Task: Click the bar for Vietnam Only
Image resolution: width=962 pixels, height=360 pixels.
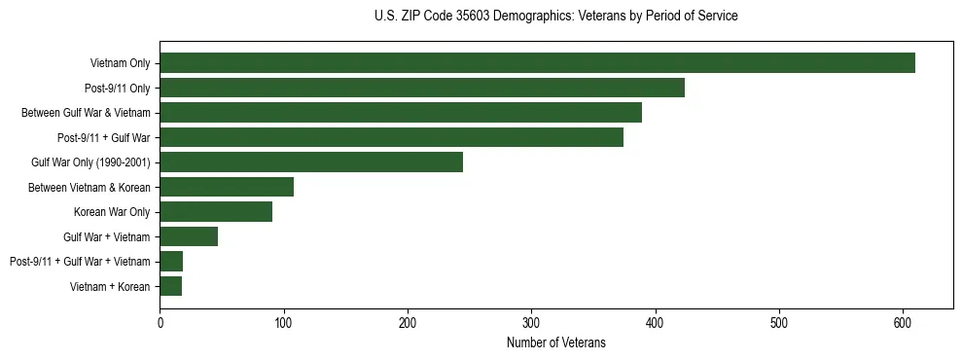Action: click(x=537, y=63)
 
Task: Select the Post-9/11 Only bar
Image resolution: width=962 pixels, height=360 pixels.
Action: click(x=422, y=88)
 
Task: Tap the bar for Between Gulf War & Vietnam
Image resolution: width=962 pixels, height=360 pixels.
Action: click(x=401, y=113)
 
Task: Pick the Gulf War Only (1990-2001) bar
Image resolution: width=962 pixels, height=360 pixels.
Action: click(x=311, y=162)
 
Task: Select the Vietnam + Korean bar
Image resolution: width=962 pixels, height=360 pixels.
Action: click(x=171, y=286)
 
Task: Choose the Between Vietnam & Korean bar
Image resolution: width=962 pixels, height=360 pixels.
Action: click(x=227, y=187)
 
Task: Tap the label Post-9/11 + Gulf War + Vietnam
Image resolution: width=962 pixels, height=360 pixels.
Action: click(x=80, y=262)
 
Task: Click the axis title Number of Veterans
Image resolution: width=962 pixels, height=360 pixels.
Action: click(x=556, y=342)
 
